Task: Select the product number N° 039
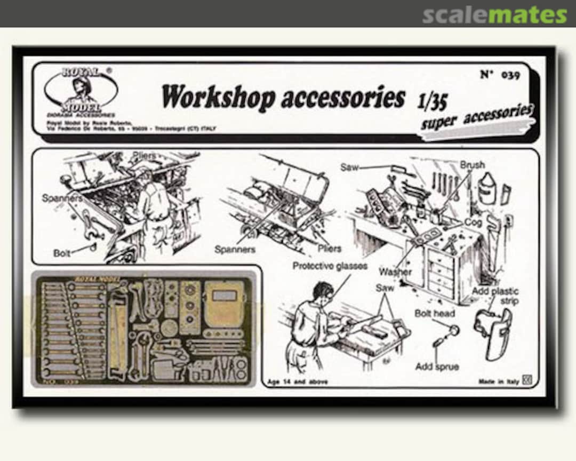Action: pyautogui.click(x=499, y=74)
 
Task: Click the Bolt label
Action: pyautogui.click(x=62, y=252)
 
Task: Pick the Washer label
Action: pyautogui.click(x=395, y=272)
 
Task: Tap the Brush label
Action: pyautogui.click(x=472, y=165)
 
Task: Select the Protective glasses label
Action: pyautogui.click(x=330, y=265)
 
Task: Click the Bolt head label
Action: pyautogui.click(x=434, y=314)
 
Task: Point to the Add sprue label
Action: pyautogui.click(x=437, y=367)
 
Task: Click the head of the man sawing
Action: pyautogui.click(x=321, y=293)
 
